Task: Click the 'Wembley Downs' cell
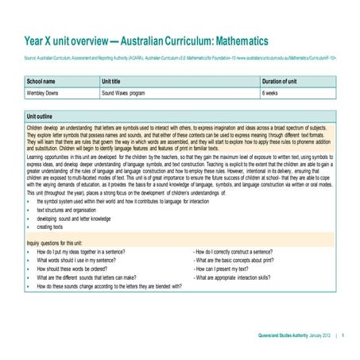[45, 93]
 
